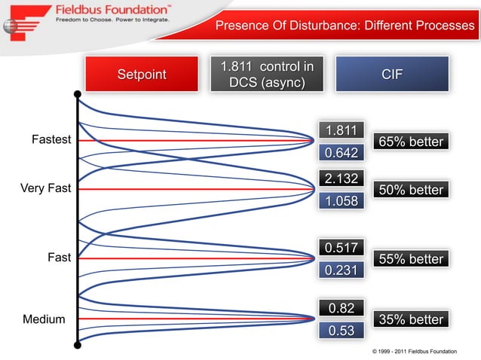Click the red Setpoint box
(141, 75)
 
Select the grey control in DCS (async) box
(267, 75)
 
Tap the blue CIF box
(392, 75)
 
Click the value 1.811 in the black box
(341, 130)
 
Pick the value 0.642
(341, 153)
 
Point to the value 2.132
(341, 178)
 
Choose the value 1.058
(341, 201)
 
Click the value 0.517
(341, 247)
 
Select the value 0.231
(341, 270)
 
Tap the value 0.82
(341, 307)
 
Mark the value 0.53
(341, 331)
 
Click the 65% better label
(410, 142)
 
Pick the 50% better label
(410, 190)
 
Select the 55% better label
(410, 259)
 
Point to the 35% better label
(410, 319)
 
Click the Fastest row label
(51, 140)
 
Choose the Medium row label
(44, 319)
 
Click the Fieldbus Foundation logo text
(113, 11)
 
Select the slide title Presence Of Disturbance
(345, 26)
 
